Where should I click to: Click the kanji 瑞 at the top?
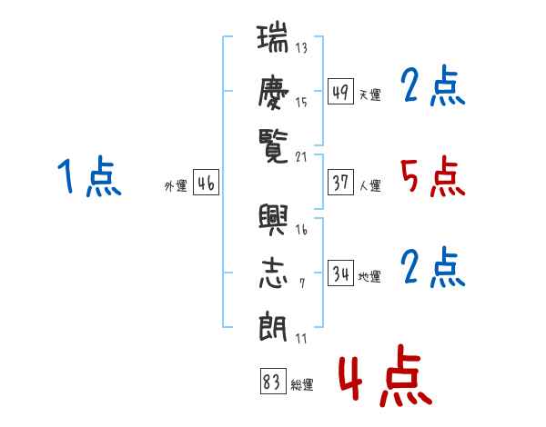(273, 37)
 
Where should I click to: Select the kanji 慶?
(273, 93)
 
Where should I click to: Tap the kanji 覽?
(273, 146)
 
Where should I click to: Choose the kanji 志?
(273, 273)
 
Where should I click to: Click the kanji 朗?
(273, 326)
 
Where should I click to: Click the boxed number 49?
(340, 91)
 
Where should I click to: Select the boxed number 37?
(340, 182)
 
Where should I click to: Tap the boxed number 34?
(340, 273)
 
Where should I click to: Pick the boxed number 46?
(207, 182)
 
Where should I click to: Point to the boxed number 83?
(273, 381)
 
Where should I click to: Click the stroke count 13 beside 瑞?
(301, 47)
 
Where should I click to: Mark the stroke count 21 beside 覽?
(301, 157)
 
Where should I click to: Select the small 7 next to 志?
(302, 283)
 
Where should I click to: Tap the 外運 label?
(176, 186)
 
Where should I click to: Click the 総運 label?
(302, 385)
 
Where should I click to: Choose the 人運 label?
(369, 185)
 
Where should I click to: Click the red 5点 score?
(433, 176)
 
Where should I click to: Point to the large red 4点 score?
(386, 375)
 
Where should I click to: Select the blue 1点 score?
(89, 175)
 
